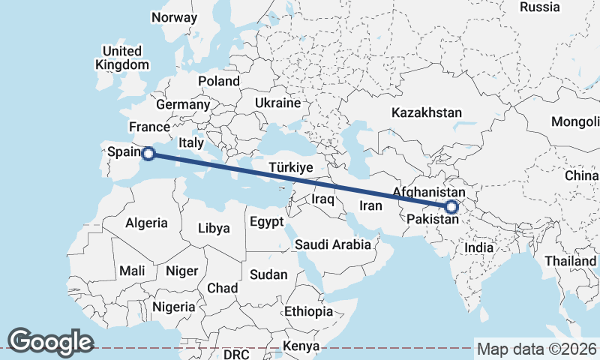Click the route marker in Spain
point(148,154)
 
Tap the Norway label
point(174,17)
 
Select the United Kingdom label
point(122,58)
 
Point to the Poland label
point(219,81)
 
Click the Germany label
point(181,104)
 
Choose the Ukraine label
point(277,103)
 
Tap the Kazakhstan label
point(426,112)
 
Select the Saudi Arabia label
point(333,244)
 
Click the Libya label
point(214,229)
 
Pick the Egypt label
point(266,222)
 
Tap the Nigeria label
point(174,307)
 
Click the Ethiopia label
point(308,311)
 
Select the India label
point(479,247)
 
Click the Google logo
point(50,341)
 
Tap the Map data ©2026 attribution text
point(537,349)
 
